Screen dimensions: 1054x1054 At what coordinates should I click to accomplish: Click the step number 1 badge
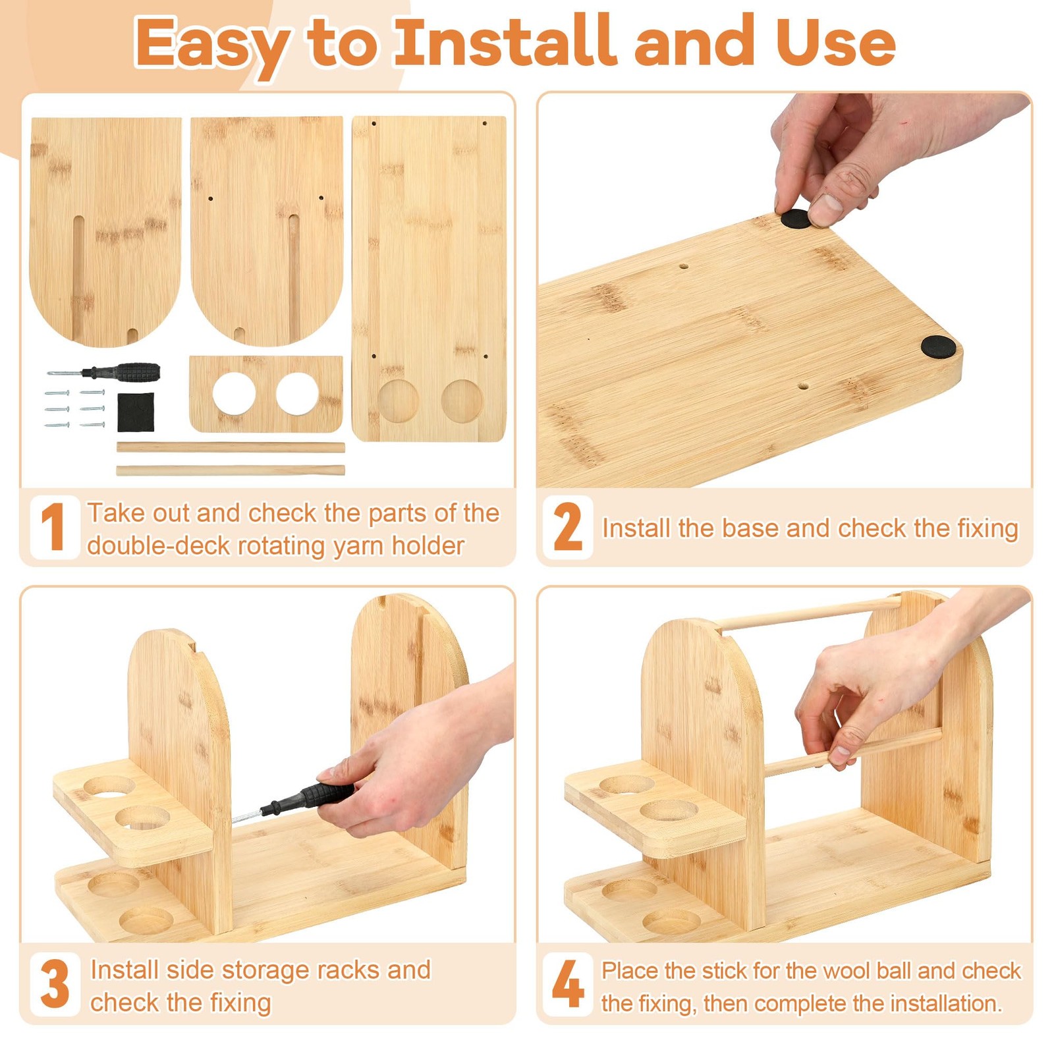pyautogui.click(x=55, y=527)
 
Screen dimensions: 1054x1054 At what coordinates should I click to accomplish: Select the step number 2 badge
pyautogui.click(x=568, y=527)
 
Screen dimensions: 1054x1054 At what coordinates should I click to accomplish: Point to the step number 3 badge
pyautogui.click(x=55, y=984)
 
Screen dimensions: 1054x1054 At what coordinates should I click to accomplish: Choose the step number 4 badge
pyautogui.click(x=568, y=984)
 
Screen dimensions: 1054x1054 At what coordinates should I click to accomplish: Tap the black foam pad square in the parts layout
pyautogui.click(x=136, y=412)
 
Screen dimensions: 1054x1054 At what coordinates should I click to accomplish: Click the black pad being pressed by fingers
pyautogui.click(x=796, y=219)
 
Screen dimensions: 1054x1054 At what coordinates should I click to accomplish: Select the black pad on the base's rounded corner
pyautogui.click(x=938, y=346)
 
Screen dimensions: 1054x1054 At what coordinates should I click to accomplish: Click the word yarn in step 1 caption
pyautogui.click(x=359, y=546)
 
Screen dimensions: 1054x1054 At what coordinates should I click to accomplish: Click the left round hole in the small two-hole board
pyautogui.click(x=234, y=394)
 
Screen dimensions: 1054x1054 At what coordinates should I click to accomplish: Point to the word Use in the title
pyautogui.click(x=835, y=42)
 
